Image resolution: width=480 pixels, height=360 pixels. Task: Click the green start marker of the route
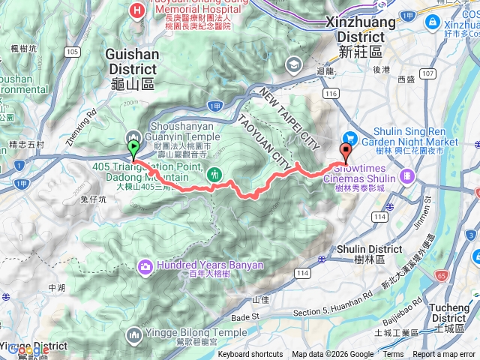click(133, 147)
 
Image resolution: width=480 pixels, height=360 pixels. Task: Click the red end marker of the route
click(346, 148)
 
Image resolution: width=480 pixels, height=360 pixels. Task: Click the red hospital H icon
click(136, 10)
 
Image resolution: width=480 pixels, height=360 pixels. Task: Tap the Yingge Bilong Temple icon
click(133, 332)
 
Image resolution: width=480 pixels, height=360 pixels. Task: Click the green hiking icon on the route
click(216, 173)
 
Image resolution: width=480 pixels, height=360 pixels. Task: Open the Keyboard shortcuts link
click(250, 355)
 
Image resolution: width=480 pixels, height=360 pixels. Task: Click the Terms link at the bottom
click(393, 355)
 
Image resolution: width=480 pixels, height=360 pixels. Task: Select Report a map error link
click(444, 355)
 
